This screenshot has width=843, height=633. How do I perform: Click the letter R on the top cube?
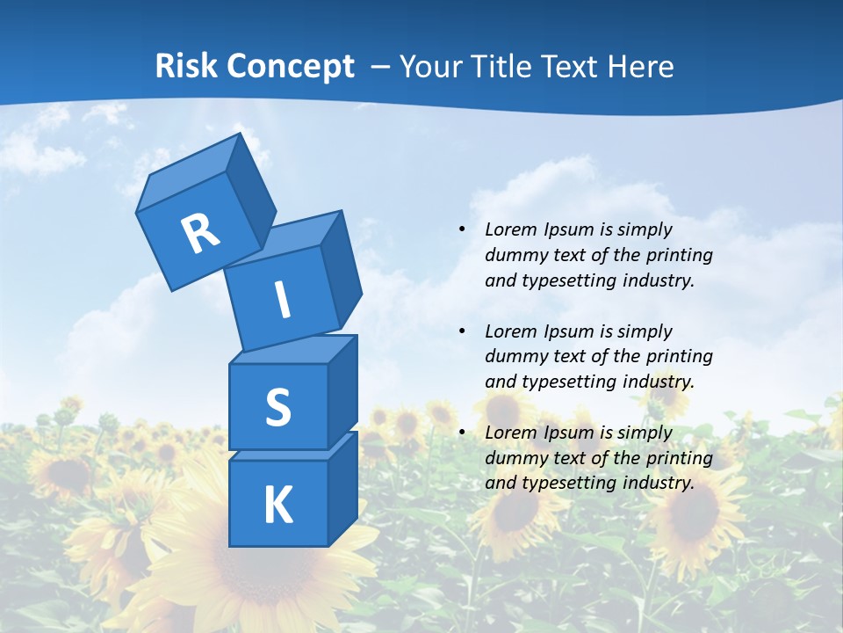click(x=200, y=233)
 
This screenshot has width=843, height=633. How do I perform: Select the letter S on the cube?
click(x=277, y=408)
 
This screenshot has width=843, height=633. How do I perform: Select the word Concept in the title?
click(x=289, y=66)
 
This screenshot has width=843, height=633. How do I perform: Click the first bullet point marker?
click(x=462, y=229)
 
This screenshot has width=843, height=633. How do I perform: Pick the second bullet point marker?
click(x=462, y=331)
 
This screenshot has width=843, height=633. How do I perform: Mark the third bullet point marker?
click(x=462, y=433)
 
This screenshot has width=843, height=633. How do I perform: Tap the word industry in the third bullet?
click(x=658, y=483)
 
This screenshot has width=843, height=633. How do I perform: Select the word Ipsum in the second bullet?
click(x=569, y=331)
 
